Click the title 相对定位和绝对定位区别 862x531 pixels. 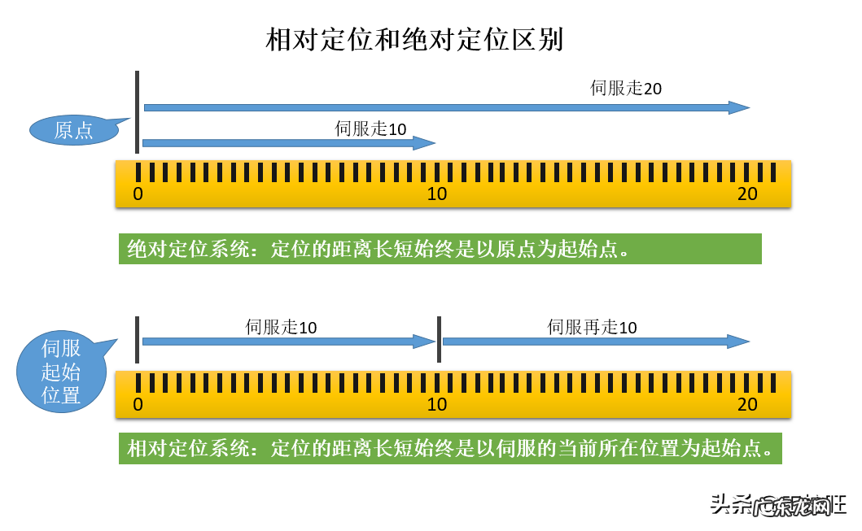[414, 39]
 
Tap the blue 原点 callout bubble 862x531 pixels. [74, 130]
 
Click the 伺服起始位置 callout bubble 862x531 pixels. [61, 372]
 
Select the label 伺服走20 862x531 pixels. [626, 88]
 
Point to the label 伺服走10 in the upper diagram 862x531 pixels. [370, 128]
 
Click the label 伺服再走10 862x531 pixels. [592, 327]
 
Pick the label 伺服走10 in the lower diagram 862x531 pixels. [281, 327]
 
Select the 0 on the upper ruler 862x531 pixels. [138, 194]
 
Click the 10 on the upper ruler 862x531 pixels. [437, 194]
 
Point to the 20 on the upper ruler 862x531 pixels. [747, 194]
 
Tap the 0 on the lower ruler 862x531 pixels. [138, 404]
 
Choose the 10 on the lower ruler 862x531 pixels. [437, 404]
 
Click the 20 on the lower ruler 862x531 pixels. [747, 404]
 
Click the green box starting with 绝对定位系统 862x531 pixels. [440, 249]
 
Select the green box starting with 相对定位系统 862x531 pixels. [450, 448]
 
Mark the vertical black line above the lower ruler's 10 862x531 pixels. [439, 339]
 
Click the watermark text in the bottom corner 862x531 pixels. [778, 505]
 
